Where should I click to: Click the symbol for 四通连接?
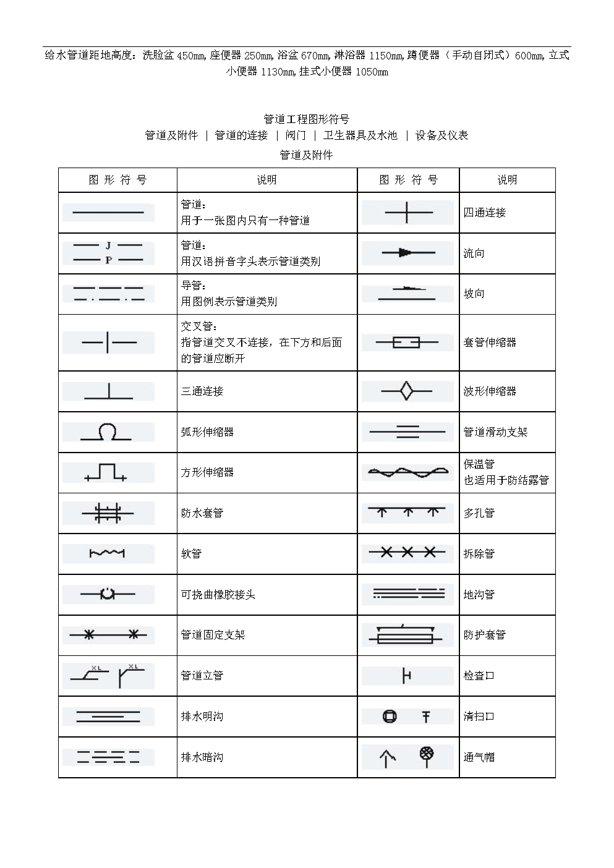[406, 213]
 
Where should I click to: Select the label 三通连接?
[202, 391]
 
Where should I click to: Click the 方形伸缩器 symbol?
[106, 473]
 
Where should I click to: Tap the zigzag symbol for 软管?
[107, 553]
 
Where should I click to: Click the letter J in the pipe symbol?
[108, 245]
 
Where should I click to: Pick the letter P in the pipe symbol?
[108, 260]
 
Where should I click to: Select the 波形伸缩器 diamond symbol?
[406, 391]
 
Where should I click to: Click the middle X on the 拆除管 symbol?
[407, 553]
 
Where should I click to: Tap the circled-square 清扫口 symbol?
[390, 717]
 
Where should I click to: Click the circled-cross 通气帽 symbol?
[427, 754]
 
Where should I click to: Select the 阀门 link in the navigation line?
[296, 135]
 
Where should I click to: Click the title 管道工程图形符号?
[306, 119]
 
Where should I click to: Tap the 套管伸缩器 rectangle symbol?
[406, 343]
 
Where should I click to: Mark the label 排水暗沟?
[202, 757]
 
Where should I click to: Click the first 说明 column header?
[267, 180]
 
